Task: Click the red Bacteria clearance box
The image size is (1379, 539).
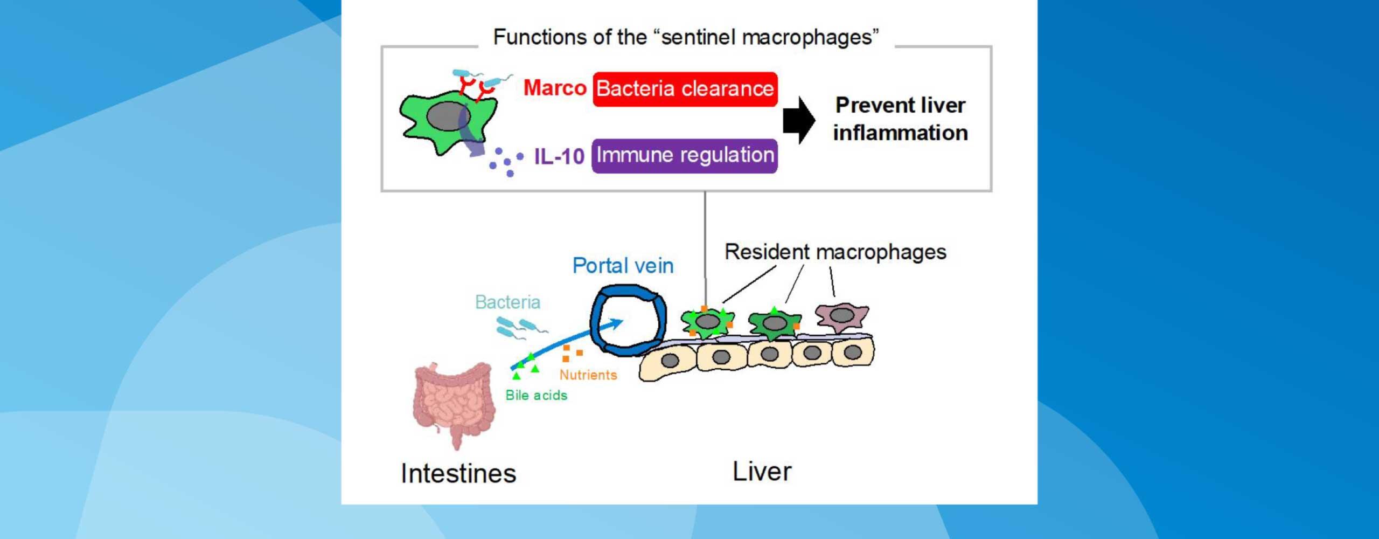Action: pos(685,89)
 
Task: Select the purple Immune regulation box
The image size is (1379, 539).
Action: pos(685,156)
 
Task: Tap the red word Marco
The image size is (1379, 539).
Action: pos(554,88)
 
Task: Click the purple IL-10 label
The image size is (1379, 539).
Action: pos(559,156)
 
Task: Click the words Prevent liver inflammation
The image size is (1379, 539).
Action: pos(900,119)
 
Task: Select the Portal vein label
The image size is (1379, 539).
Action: pos(623,266)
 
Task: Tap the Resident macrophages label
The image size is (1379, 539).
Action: pos(835,252)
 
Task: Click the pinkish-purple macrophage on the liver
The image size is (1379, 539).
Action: pos(842,316)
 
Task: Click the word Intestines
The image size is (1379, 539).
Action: pos(458,474)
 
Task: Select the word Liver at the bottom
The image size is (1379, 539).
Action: pos(762,472)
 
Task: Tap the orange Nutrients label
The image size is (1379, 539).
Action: pos(588,375)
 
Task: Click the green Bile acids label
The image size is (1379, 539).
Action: pos(536,395)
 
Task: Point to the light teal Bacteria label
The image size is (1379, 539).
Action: pos(507,302)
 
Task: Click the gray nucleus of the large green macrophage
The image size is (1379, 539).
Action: pos(448,116)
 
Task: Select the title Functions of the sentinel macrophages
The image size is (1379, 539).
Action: pos(686,37)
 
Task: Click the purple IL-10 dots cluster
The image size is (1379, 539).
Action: pos(505,162)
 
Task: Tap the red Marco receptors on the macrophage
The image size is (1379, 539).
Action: pos(477,89)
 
